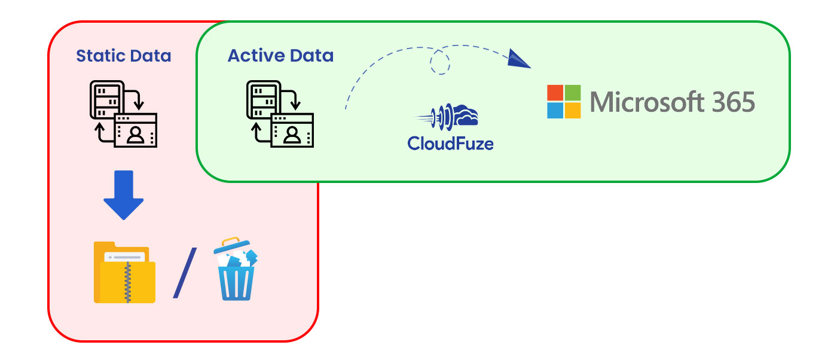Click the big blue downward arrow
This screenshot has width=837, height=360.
123,196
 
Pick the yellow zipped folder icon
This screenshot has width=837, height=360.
124,272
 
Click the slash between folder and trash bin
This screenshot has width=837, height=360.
185,273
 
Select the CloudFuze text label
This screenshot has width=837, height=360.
450,143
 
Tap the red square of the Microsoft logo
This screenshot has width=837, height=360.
555,93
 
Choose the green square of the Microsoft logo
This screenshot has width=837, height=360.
573,93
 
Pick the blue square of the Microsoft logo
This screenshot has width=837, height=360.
555,111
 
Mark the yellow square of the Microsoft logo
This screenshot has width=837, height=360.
573,111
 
